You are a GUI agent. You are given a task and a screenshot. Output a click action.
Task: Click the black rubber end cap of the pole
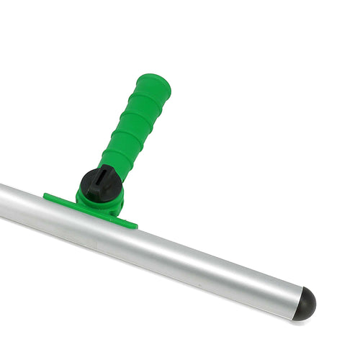pos(305,304)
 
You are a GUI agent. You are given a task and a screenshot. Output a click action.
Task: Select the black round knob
pos(100,184)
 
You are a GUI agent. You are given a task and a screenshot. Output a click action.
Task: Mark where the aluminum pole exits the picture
pos(3,202)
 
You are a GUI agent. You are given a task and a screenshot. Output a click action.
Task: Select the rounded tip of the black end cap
pos(314,307)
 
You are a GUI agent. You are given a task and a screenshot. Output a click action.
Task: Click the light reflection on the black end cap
pos(306,296)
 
